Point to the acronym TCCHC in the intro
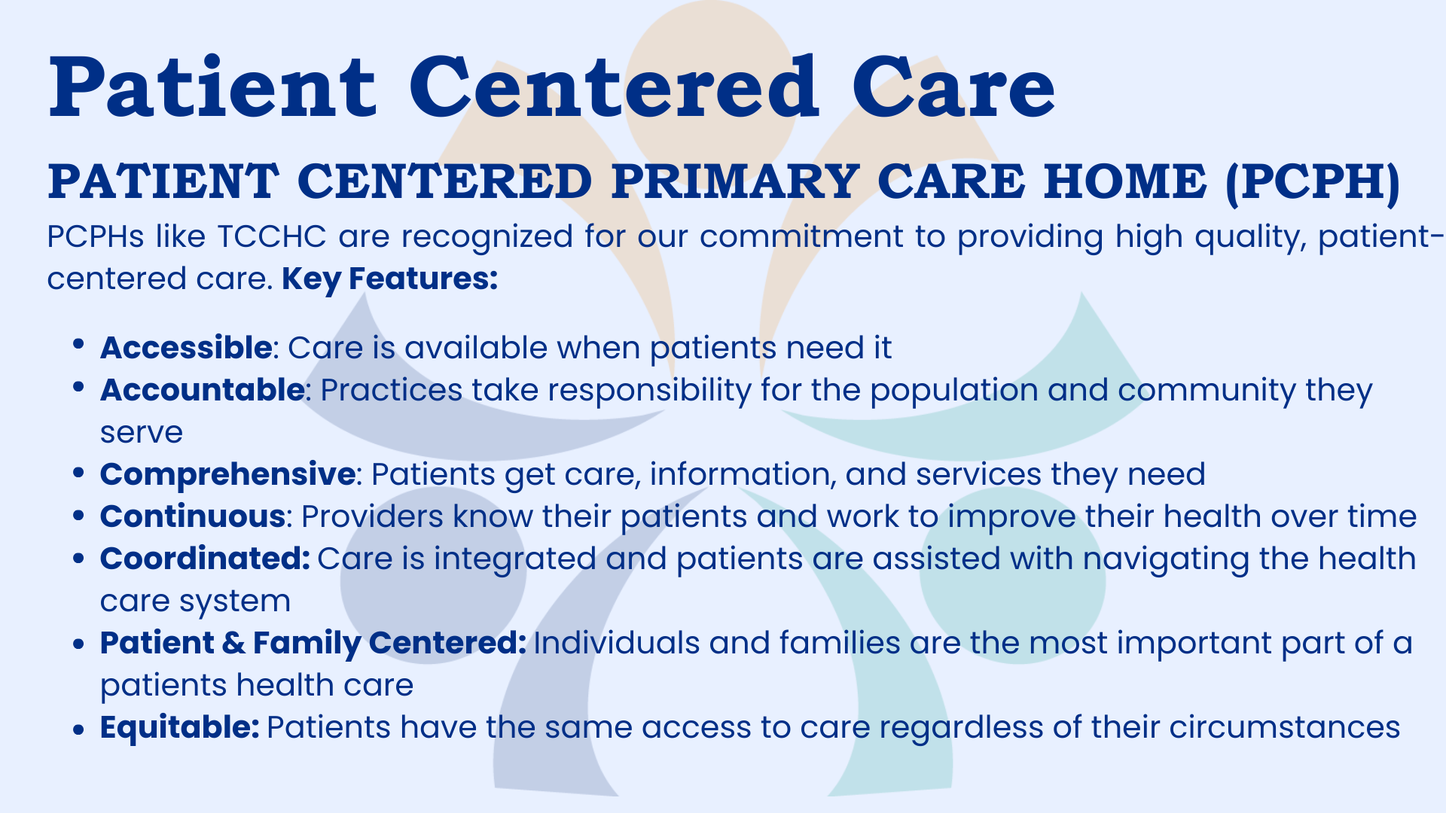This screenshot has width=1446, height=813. pyautogui.click(x=272, y=236)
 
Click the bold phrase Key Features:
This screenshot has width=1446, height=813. pyautogui.click(x=390, y=279)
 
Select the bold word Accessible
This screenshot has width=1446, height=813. pyautogui.click(x=186, y=348)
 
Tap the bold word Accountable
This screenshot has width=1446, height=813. pyautogui.click(x=203, y=390)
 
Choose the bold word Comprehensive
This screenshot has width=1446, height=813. pyautogui.click(x=228, y=474)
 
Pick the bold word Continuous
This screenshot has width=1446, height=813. pyautogui.click(x=193, y=516)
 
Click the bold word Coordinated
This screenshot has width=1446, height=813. pyautogui.click(x=205, y=559)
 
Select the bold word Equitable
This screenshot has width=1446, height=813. pyautogui.click(x=180, y=727)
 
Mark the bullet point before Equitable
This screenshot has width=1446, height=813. pyautogui.click(x=78, y=729)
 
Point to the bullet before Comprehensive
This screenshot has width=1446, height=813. pyautogui.click(x=78, y=473)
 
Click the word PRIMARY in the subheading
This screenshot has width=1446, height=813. pyautogui.click(x=736, y=181)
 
